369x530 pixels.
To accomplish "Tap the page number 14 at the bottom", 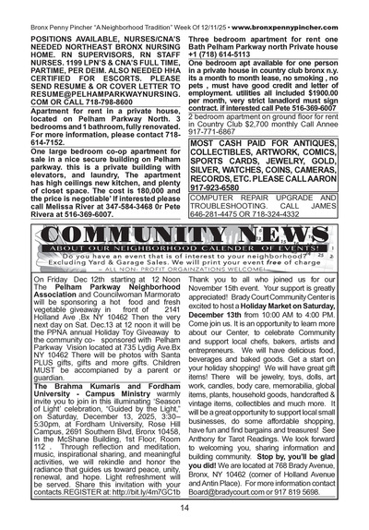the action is [184, 506].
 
